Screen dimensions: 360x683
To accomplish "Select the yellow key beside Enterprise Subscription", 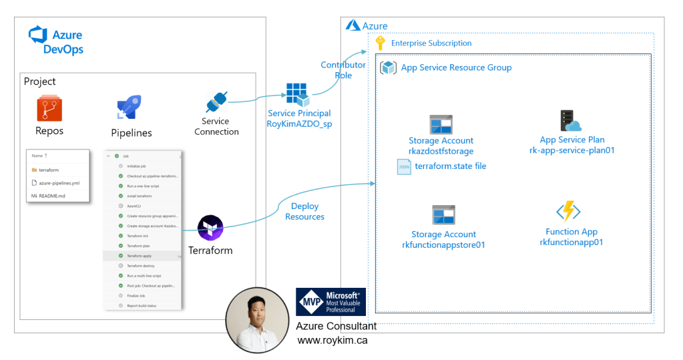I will pyautogui.click(x=381, y=43).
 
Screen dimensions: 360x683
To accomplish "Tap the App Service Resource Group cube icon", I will pyautogui.click(x=388, y=67).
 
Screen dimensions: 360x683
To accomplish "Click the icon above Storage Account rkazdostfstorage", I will pyautogui.click(x=441, y=124).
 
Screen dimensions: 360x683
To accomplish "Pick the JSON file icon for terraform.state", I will pyautogui.click(x=404, y=166).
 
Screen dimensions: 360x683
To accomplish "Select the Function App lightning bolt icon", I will pyautogui.click(x=569, y=212).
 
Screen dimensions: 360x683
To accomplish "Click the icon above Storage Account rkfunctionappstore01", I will pyautogui.click(x=443, y=215).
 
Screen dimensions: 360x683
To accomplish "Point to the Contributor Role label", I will pyautogui.click(x=343, y=70).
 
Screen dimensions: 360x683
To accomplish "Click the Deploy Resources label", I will pyautogui.click(x=304, y=211).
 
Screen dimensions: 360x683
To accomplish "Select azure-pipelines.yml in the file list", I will pyautogui.click(x=60, y=182).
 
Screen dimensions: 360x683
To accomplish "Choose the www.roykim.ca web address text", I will pyautogui.click(x=332, y=340).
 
